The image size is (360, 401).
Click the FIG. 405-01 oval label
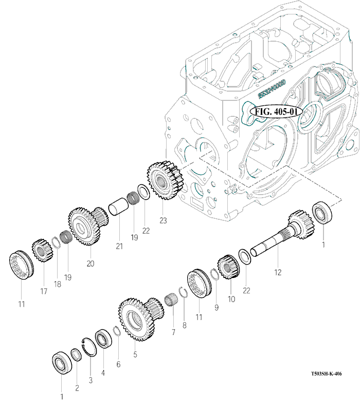[x=274, y=111]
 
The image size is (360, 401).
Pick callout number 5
[x=135, y=354]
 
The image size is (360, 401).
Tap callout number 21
[x=120, y=246]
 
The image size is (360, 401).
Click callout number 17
[x=44, y=291]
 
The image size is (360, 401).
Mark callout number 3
[x=91, y=380]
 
